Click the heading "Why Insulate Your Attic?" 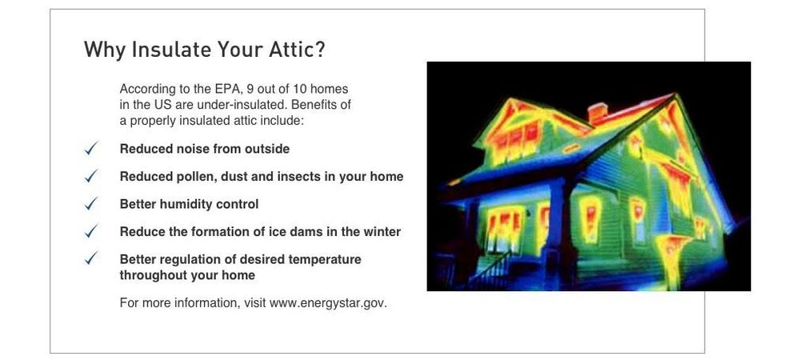(204, 50)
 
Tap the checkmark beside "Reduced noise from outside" (91, 148)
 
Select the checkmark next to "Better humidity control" (91, 203)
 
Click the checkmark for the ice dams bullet (91, 231)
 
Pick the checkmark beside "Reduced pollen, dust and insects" (91, 176)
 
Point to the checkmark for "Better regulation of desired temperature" (91, 258)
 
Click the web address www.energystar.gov (328, 303)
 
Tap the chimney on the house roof (598, 113)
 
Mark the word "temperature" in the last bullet (325, 259)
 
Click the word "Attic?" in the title (295, 50)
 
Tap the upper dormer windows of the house (515, 138)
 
